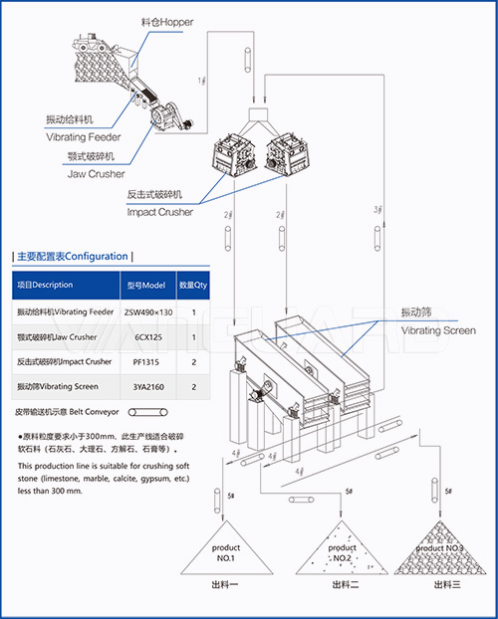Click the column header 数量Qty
click(x=192, y=286)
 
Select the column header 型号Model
click(x=149, y=286)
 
